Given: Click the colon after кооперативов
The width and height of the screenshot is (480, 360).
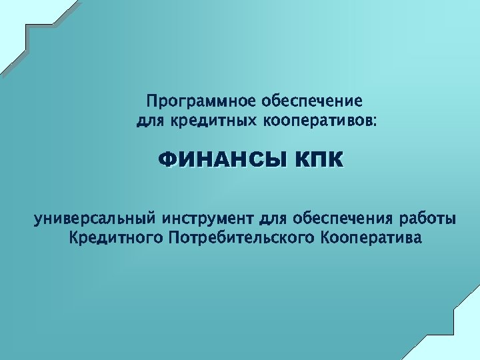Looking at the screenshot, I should pyautogui.click(x=374, y=123).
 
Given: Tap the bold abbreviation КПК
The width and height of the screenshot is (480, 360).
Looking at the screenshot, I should pyautogui.click(x=319, y=161).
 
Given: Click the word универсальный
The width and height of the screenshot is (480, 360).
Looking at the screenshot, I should pyautogui.click(x=95, y=219).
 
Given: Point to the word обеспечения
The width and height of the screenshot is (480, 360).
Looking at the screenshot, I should pyautogui.click(x=343, y=219).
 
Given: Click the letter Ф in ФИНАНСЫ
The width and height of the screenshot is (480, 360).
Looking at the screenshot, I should pyautogui.click(x=166, y=161).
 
